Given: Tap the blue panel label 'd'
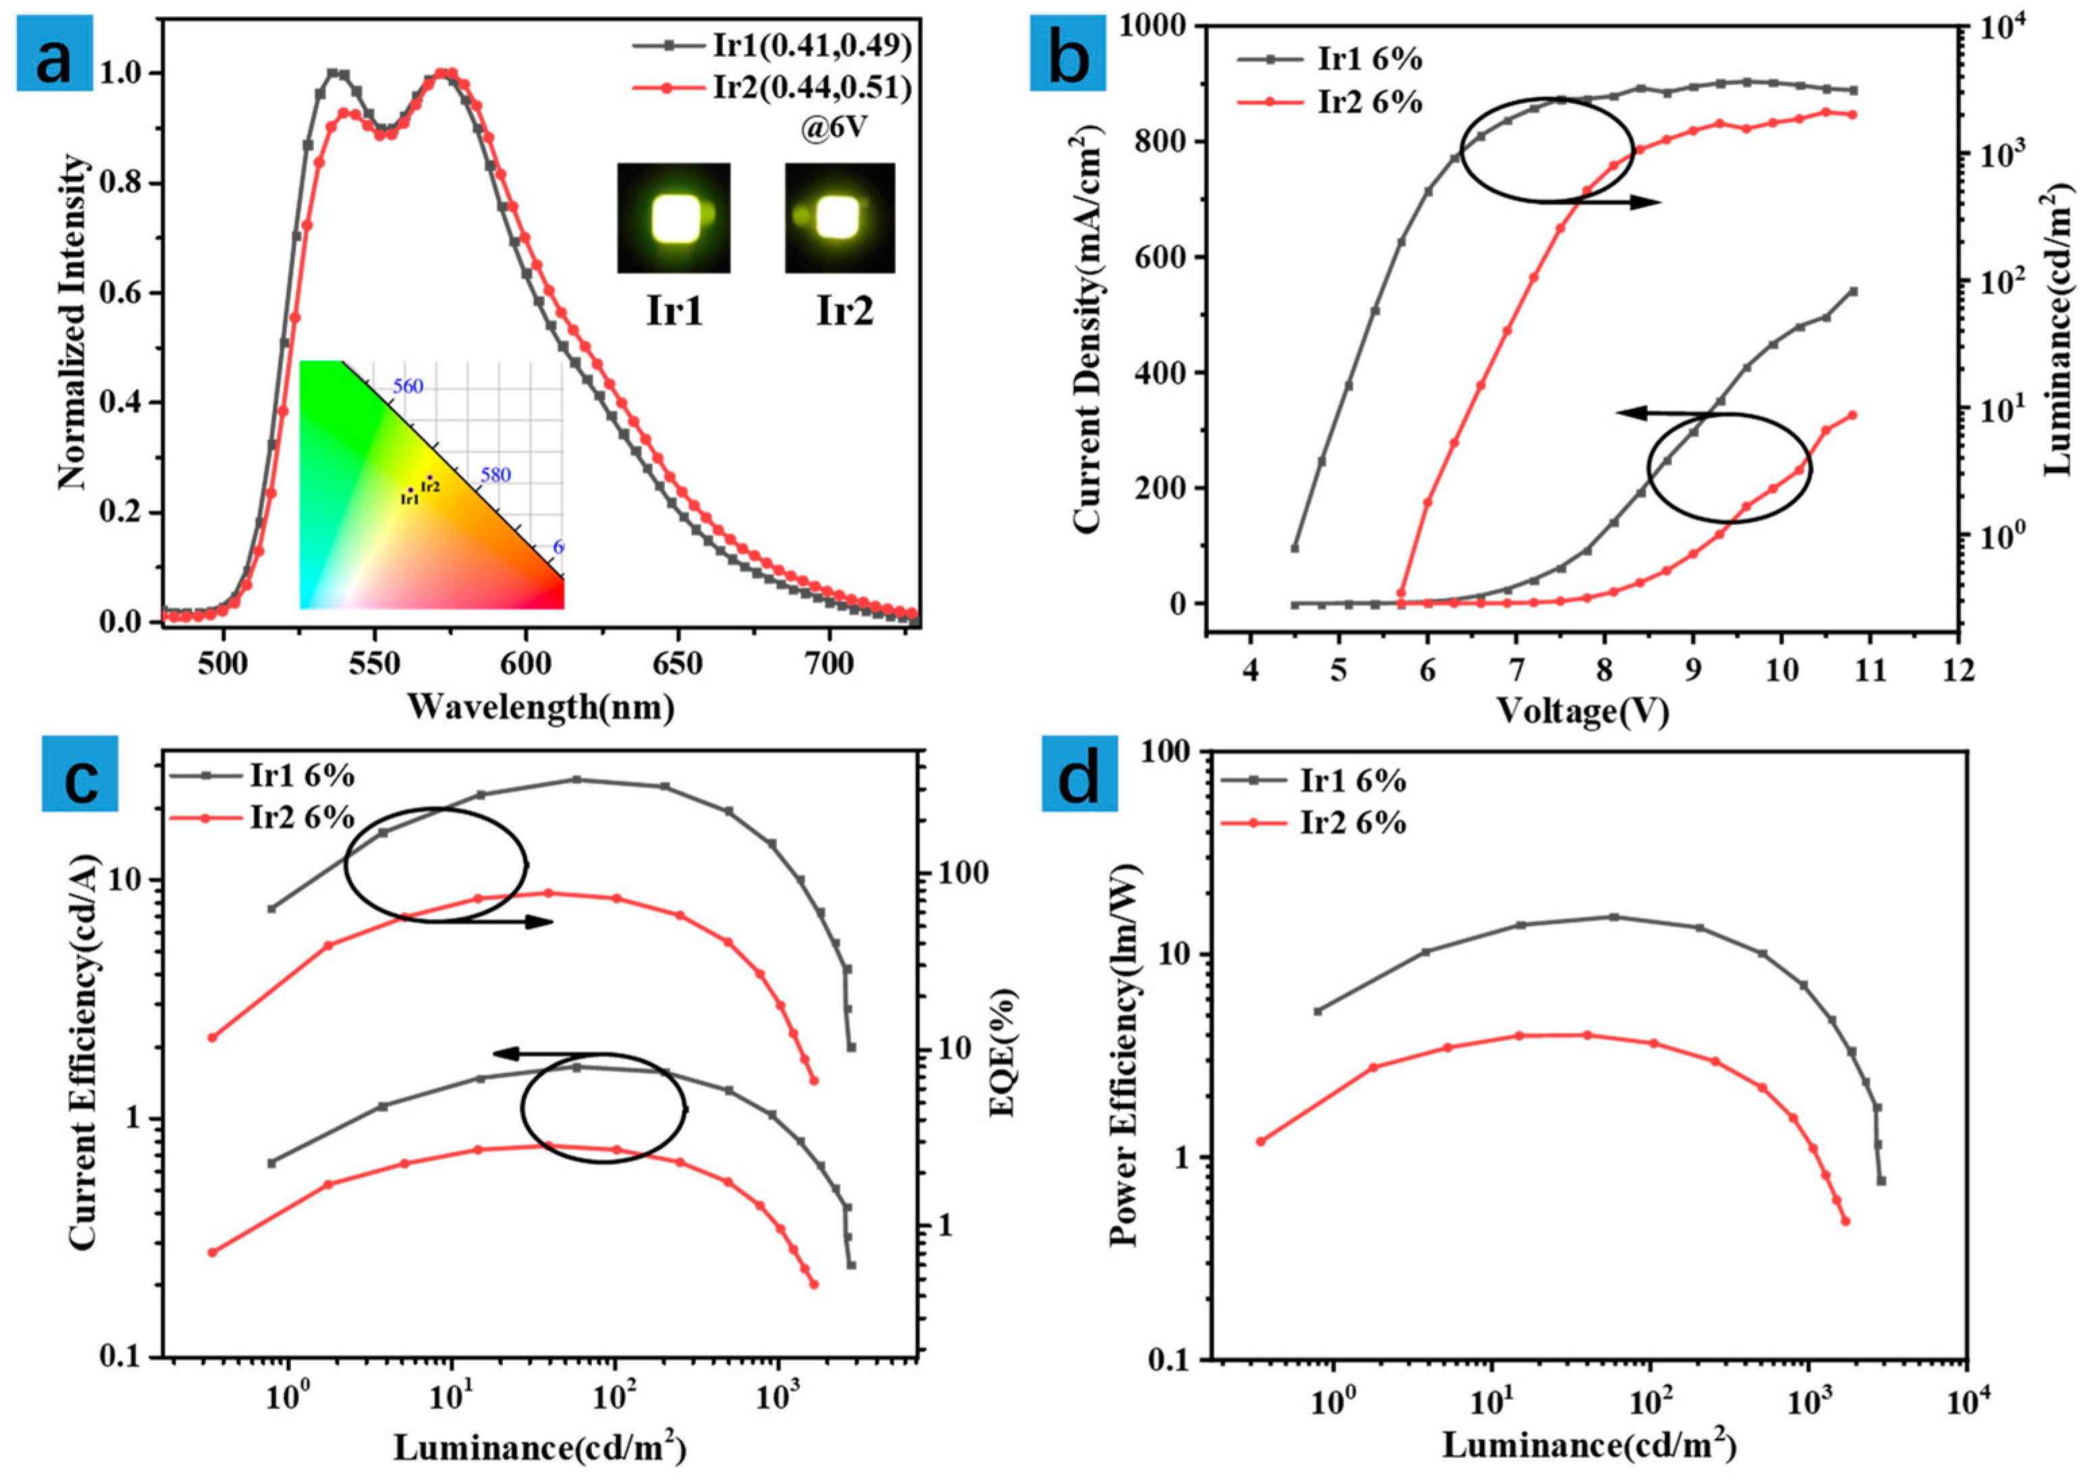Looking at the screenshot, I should tap(1079, 781).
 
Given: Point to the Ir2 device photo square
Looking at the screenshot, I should tap(840, 218).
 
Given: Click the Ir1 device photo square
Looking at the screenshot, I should tap(674, 218).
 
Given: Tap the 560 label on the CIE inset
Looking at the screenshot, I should tap(408, 387).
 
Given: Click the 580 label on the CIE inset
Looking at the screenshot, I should tap(496, 475).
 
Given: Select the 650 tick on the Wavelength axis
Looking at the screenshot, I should tap(678, 664).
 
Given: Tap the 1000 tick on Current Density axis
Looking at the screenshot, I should tap(1157, 26).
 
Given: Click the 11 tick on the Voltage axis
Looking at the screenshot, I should tap(1870, 670).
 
